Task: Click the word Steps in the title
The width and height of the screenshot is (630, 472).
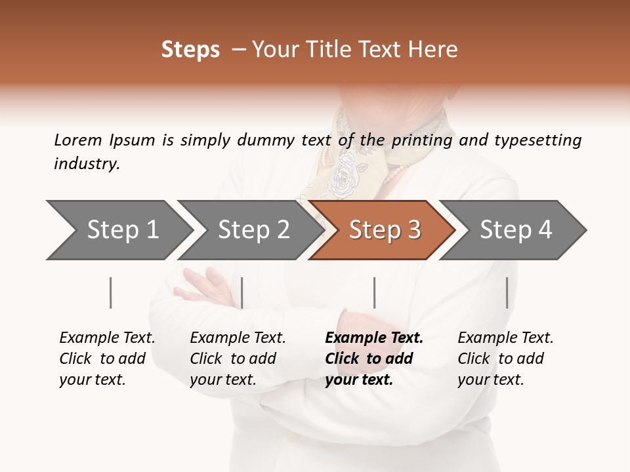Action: [x=190, y=50]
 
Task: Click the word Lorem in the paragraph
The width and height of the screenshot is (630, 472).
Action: [x=77, y=140]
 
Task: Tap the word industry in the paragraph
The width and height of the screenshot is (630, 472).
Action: [x=86, y=164]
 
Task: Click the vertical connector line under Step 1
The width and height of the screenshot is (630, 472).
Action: [x=111, y=292]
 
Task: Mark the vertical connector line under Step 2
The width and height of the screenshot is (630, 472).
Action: [x=242, y=292]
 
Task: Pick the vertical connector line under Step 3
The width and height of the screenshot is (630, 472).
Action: [x=375, y=292]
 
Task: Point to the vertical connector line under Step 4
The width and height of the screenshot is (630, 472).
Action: [x=507, y=292]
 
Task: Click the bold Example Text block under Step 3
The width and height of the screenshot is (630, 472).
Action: [x=374, y=359]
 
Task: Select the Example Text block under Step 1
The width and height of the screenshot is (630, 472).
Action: [x=107, y=359]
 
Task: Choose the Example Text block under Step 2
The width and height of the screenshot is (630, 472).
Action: [x=238, y=359]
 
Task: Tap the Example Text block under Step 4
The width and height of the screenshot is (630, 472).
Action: [x=505, y=359]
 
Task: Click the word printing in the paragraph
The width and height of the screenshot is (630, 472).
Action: [x=423, y=140]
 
